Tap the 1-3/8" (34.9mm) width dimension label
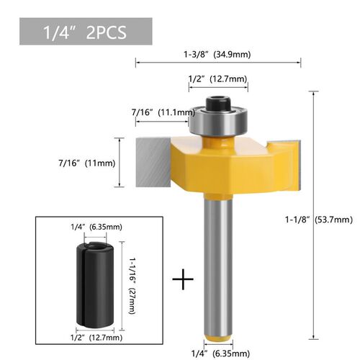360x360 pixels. click(218, 53)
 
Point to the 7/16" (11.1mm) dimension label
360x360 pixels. click(163, 112)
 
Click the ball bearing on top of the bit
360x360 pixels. click(218, 119)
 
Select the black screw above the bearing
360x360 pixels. click(218, 99)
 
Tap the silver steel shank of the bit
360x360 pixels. click(218, 266)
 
